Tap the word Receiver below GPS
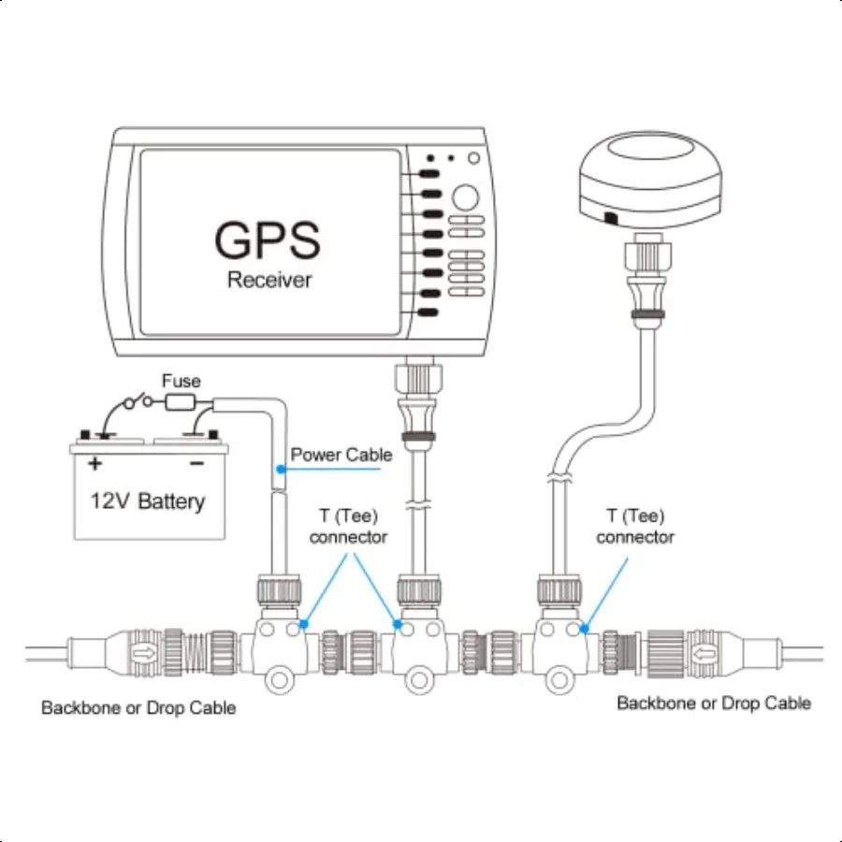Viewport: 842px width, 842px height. coord(269,280)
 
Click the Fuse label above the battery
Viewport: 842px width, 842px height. coord(181,381)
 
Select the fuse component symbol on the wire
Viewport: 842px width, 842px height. coord(180,404)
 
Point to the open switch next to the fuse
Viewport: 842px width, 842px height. coord(141,403)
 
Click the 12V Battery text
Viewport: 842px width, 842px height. coord(147,501)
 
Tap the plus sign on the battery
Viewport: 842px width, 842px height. coord(94,463)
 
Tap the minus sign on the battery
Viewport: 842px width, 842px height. coord(196,463)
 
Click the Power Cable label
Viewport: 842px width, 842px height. coord(341,455)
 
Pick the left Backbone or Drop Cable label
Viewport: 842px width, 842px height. coord(138,708)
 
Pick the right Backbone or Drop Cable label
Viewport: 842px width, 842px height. coord(714,703)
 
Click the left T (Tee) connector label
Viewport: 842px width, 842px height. coord(349,527)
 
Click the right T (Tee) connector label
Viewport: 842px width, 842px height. coord(635,527)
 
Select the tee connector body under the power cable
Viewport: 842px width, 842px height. coord(276,646)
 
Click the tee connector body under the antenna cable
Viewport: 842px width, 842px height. coord(561,646)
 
